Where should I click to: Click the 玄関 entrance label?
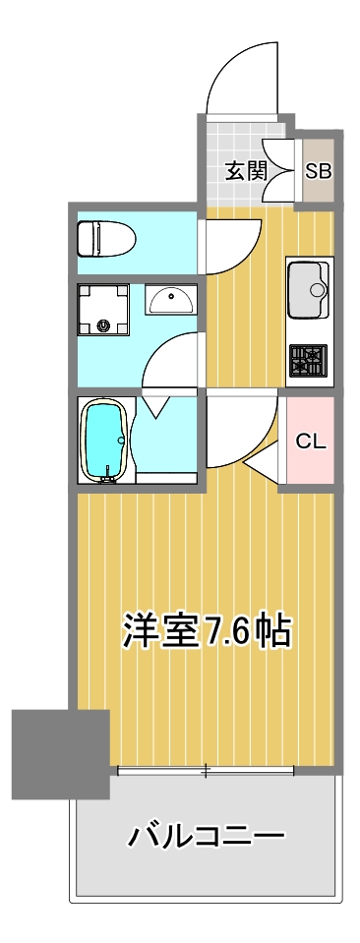(x=247, y=171)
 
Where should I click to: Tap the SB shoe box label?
(x=318, y=171)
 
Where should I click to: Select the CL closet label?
(x=311, y=442)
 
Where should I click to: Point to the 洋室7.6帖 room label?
(x=207, y=630)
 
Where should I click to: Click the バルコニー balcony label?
(x=206, y=837)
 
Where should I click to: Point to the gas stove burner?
(x=309, y=360)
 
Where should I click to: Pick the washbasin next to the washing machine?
(x=173, y=299)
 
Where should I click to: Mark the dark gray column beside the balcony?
(x=60, y=753)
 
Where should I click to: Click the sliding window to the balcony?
(x=206, y=770)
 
